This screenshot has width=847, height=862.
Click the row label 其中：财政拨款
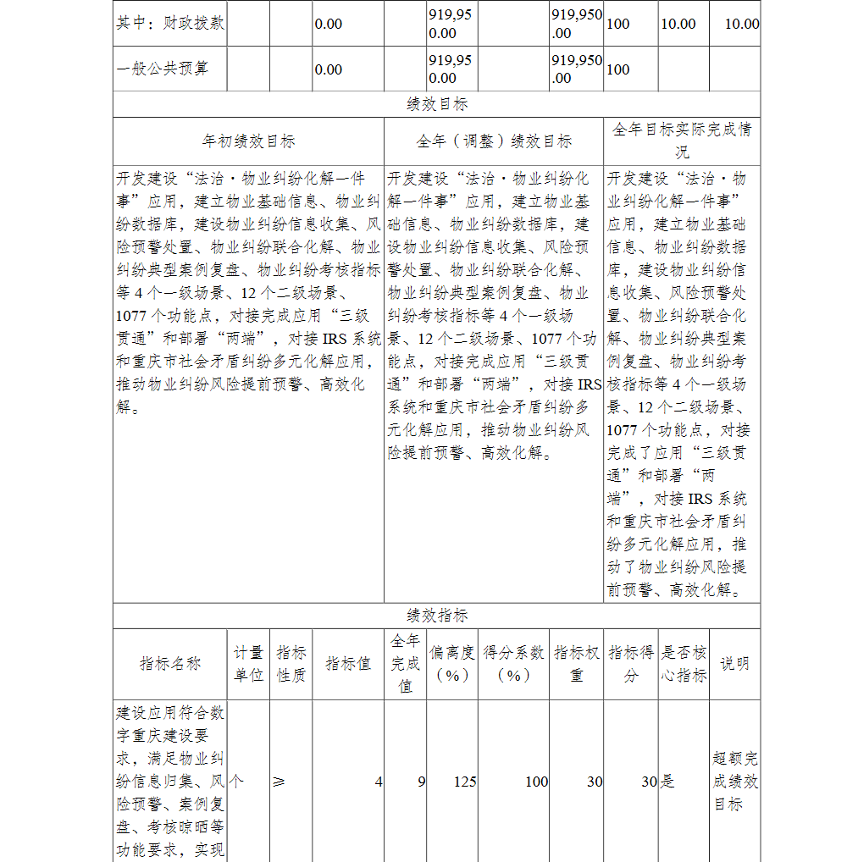pyautogui.click(x=169, y=23)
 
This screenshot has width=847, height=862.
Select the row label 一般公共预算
pyautogui.click(x=162, y=69)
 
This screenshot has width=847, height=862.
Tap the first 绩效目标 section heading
pyautogui.click(x=436, y=104)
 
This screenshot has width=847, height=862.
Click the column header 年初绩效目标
pyautogui.click(x=248, y=141)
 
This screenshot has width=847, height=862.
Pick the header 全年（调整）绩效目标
pyautogui.click(x=493, y=141)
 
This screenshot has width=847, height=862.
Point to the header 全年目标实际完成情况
pyautogui.click(x=681, y=141)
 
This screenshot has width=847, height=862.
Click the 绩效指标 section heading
pyautogui.click(x=436, y=616)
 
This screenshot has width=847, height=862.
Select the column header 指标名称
pyautogui.click(x=169, y=664)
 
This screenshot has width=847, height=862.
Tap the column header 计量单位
pyautogui.click(x=248, y=664)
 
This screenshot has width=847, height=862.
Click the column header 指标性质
pyautogui.click(x=291, y=664)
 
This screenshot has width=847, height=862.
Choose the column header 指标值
pyautogui.click(x=348, y=664)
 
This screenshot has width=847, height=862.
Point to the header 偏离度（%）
pyautogui.click(x=451, y=664)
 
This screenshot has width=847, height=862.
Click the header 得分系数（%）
pyautogui.click(x=513, y=664)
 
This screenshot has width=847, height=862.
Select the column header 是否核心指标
pyautogui.click(x=683, y=664)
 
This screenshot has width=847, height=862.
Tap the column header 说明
pyautogui.click(x=734, y=664)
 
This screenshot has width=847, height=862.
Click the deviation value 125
pyautogui.click(x=464, y=782)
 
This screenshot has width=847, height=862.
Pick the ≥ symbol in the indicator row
pyautogui.click(x=279, y=782)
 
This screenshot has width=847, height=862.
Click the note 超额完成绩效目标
pyautogui.click(x=734, y=781)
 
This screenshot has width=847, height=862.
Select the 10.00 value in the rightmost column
pyautogui.click(x=741, y=24)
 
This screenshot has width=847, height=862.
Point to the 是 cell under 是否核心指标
pyautogui.click(x=667, y=782)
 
